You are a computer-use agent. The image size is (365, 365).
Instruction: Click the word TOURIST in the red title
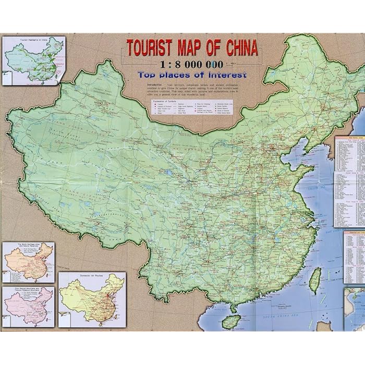pos(150,48)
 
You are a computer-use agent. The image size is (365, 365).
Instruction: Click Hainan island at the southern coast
pos(231,321)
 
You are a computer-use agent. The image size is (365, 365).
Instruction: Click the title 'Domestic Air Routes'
pos(91,275)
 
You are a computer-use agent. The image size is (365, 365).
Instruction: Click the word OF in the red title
pos(215,48)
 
